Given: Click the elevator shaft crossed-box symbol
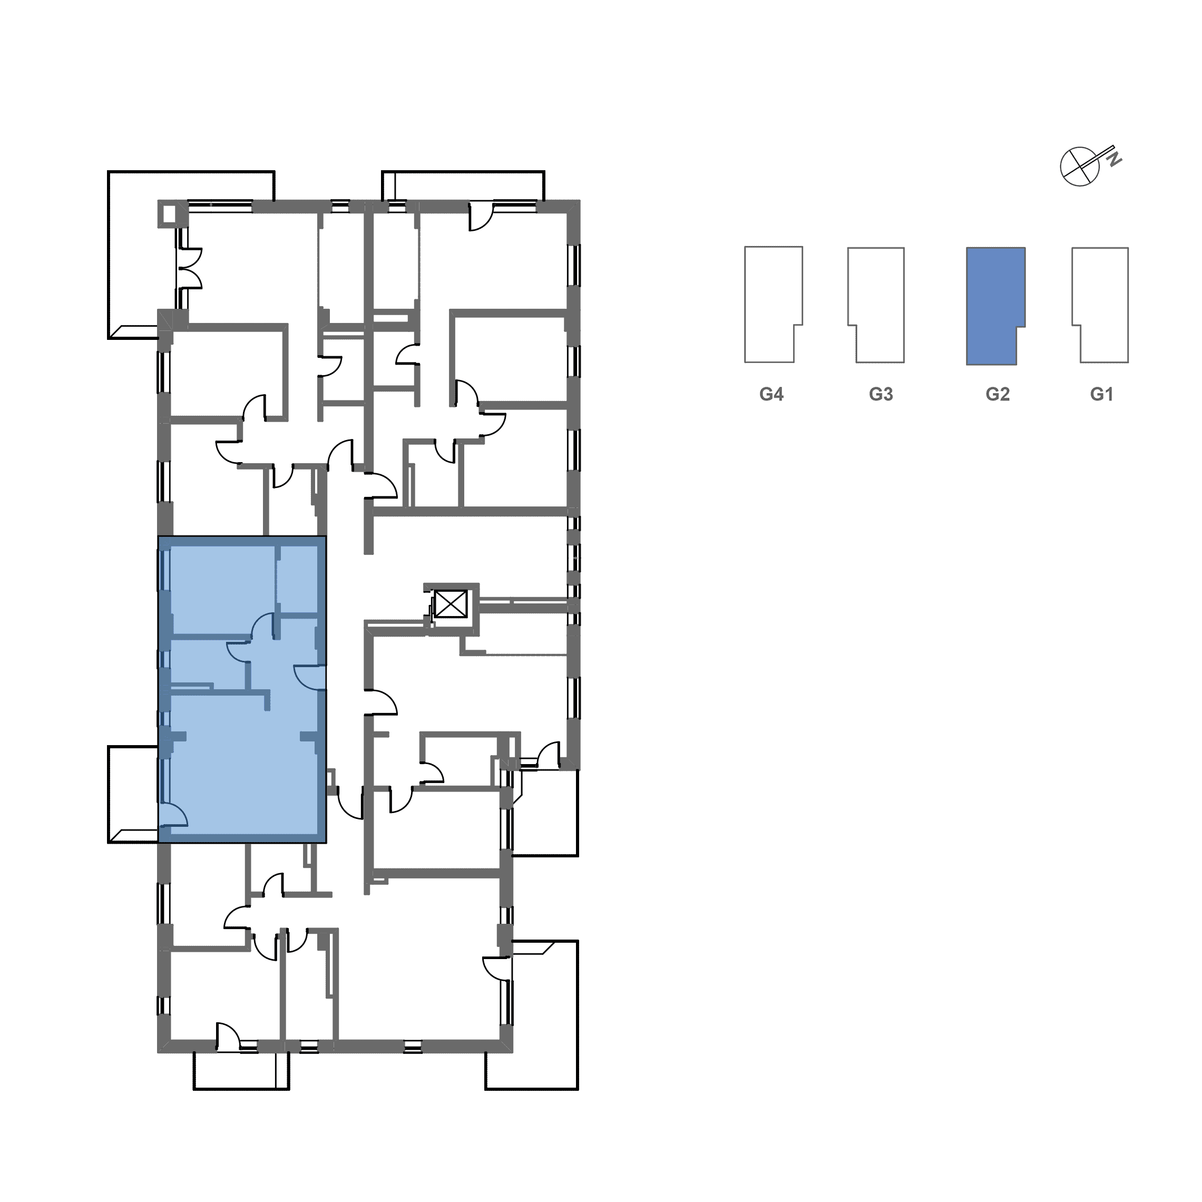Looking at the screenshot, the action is pos(451,603).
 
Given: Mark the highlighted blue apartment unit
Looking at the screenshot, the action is pos(242,689).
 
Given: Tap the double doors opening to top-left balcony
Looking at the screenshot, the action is pos(190,269).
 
